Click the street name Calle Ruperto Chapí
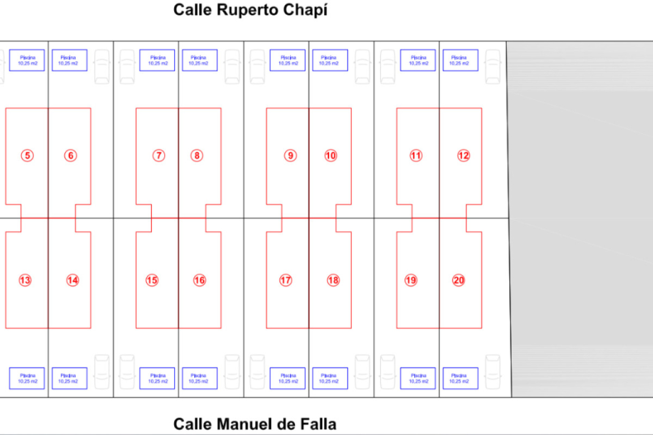tap(250, 10)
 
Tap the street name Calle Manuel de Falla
tap(255, 424)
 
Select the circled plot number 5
tap(27, 156)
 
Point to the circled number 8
tap(197, 156)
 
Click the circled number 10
tap(331, 156)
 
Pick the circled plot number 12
tap(463, 156)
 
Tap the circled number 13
tap(25, 280)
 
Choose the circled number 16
tap(199, 280)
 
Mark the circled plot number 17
tap(286, 280)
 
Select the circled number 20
tap(458, 280)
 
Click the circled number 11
tap(416, 156)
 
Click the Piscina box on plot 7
tap(157, 60)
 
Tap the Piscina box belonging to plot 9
tap(287, 60)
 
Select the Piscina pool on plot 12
tap(461, 60)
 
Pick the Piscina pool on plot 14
tap(69, 378)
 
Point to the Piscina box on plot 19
tap(418, 378)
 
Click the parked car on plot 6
tap(102, 67)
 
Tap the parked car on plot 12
tap(493, 67)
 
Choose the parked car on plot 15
tap(127, 372)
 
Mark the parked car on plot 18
tap(362, 372)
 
